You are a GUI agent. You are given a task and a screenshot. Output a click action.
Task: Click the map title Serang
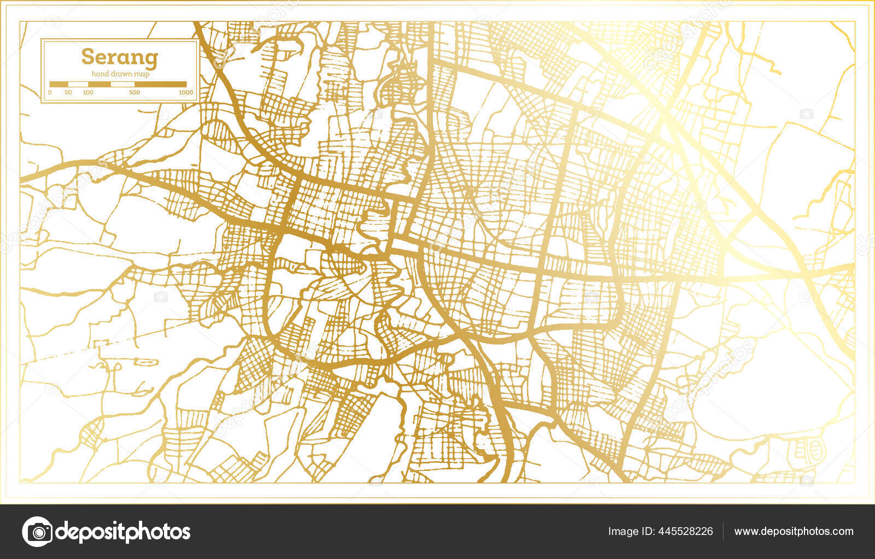tap(120, 57)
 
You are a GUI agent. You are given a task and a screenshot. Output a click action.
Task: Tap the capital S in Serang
tap(87, 57)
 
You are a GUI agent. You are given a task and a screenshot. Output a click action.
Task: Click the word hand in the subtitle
tap(101, 74)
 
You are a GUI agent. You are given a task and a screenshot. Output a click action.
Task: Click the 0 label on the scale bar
tap(50, 92)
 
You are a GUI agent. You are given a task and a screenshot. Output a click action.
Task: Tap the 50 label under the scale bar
tap(68, 92)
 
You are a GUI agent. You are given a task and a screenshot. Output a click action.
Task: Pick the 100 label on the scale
tap(87, 92)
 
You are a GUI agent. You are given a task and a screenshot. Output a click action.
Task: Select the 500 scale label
tap(135, 92)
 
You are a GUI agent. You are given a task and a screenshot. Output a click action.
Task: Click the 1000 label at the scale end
tap(186, 92)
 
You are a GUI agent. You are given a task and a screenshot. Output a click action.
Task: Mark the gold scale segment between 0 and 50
tap(59, 84)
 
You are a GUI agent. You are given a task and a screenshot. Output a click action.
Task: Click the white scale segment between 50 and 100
tap(78, 84)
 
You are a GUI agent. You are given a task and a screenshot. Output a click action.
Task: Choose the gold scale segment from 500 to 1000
tap(160, 84)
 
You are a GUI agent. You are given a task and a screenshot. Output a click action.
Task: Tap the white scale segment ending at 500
tap(122, 84)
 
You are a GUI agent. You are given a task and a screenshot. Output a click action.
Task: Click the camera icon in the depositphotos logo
tap(37, 531)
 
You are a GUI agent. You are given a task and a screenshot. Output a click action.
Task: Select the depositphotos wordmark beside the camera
tap(124, 531)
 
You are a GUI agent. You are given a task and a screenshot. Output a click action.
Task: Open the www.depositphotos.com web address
tap(794, 531)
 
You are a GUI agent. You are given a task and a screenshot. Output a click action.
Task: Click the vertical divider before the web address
tap(724, 531)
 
